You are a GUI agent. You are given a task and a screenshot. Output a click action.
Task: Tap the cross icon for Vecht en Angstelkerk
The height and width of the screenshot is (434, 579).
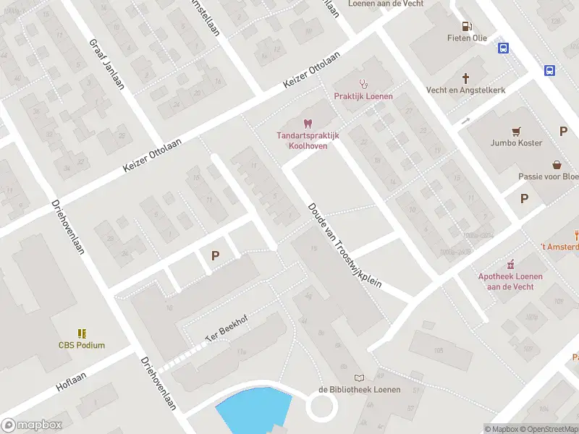(466, 77)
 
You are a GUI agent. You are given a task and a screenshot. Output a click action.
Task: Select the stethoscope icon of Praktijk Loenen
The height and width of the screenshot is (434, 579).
(363, 84)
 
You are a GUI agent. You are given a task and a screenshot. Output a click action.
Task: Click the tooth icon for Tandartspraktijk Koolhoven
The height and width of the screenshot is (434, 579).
(307, 124)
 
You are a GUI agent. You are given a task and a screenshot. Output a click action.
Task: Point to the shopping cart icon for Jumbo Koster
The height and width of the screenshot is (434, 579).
(515, 131)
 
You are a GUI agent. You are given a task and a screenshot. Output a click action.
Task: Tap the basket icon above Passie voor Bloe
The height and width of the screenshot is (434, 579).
(557, 164)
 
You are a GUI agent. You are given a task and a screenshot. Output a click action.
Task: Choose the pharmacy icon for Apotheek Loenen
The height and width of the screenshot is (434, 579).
(510, 264)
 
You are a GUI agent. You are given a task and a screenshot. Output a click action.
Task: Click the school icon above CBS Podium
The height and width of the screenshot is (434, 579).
(82, 333)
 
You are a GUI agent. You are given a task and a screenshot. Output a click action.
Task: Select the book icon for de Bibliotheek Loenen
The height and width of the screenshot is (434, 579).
(359, 378)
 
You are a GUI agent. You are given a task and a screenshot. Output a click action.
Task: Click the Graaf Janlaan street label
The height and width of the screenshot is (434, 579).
(106, 64)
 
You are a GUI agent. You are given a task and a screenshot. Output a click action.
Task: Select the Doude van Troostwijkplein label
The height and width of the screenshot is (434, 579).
(345, 244)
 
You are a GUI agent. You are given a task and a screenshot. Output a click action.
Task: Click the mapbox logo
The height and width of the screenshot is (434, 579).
(32, 425)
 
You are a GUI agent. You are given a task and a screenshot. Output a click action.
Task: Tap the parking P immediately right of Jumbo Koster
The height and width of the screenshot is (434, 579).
(563, 131)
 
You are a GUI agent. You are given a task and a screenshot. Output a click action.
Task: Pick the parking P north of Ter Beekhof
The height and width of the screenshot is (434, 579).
(214, 255)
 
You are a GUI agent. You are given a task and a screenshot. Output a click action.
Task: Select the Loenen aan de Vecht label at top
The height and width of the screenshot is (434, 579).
(386, 4)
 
